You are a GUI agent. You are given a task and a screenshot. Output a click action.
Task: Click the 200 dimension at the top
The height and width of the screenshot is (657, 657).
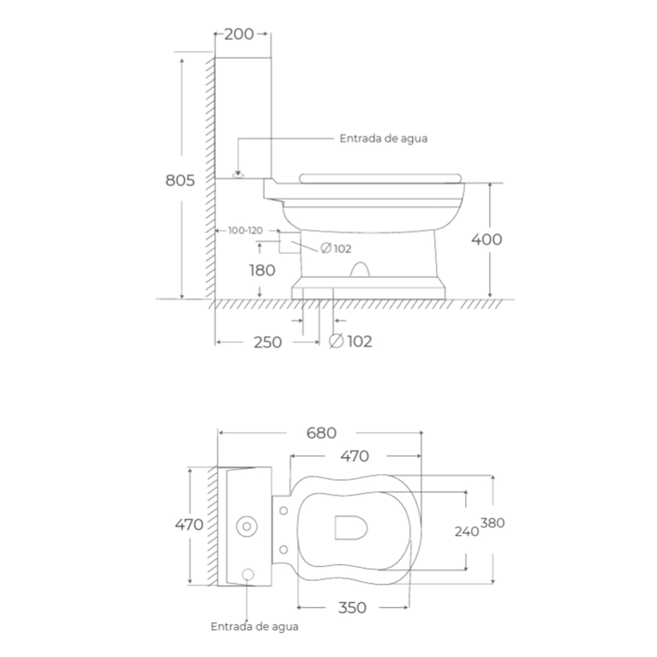click(x=239, y=34)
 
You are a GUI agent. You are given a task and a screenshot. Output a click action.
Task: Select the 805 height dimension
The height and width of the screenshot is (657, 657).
click(x=180, y=180)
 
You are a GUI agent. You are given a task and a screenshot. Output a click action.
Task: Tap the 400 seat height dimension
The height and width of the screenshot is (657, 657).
click(x=487, y=239)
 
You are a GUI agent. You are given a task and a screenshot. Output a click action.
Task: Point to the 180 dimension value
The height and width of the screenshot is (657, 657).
click(x=262, y=270)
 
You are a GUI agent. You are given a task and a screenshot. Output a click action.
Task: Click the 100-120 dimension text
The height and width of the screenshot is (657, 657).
click(x=245, y=230)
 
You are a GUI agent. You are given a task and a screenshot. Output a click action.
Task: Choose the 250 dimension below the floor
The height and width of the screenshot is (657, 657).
click(x=268, y=342)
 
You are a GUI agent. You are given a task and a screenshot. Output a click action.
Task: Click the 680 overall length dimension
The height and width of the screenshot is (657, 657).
click(x=321, y=433)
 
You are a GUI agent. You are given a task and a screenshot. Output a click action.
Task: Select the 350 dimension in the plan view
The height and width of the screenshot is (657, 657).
click(x=352, y=607)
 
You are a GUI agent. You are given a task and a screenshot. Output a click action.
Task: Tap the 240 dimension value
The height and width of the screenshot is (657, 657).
click(x=467, y=531)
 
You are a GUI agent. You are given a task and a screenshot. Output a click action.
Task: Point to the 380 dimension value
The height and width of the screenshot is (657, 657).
click(x=492, y=523)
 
